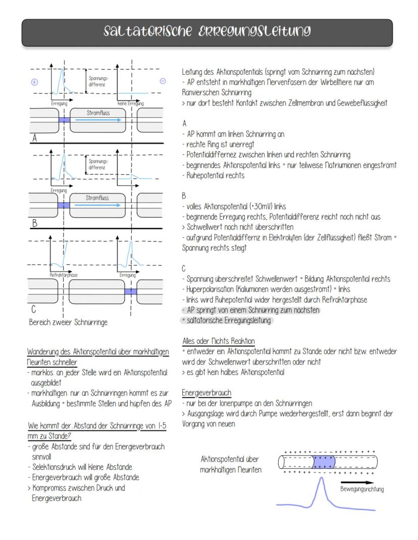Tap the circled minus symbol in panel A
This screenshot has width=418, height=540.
coord(163,81)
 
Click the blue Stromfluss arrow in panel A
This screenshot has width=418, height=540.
coord(98,120)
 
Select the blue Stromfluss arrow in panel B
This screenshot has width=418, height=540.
coord(98,206)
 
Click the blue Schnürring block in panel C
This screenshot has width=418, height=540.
coord(130,291)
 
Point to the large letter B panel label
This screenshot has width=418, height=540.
coord(35,222)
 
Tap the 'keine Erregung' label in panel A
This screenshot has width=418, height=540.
coord(130,103)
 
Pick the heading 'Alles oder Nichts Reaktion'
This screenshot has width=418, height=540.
coord(218,341)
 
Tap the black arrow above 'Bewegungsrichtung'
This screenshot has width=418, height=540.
coord(358,482)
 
